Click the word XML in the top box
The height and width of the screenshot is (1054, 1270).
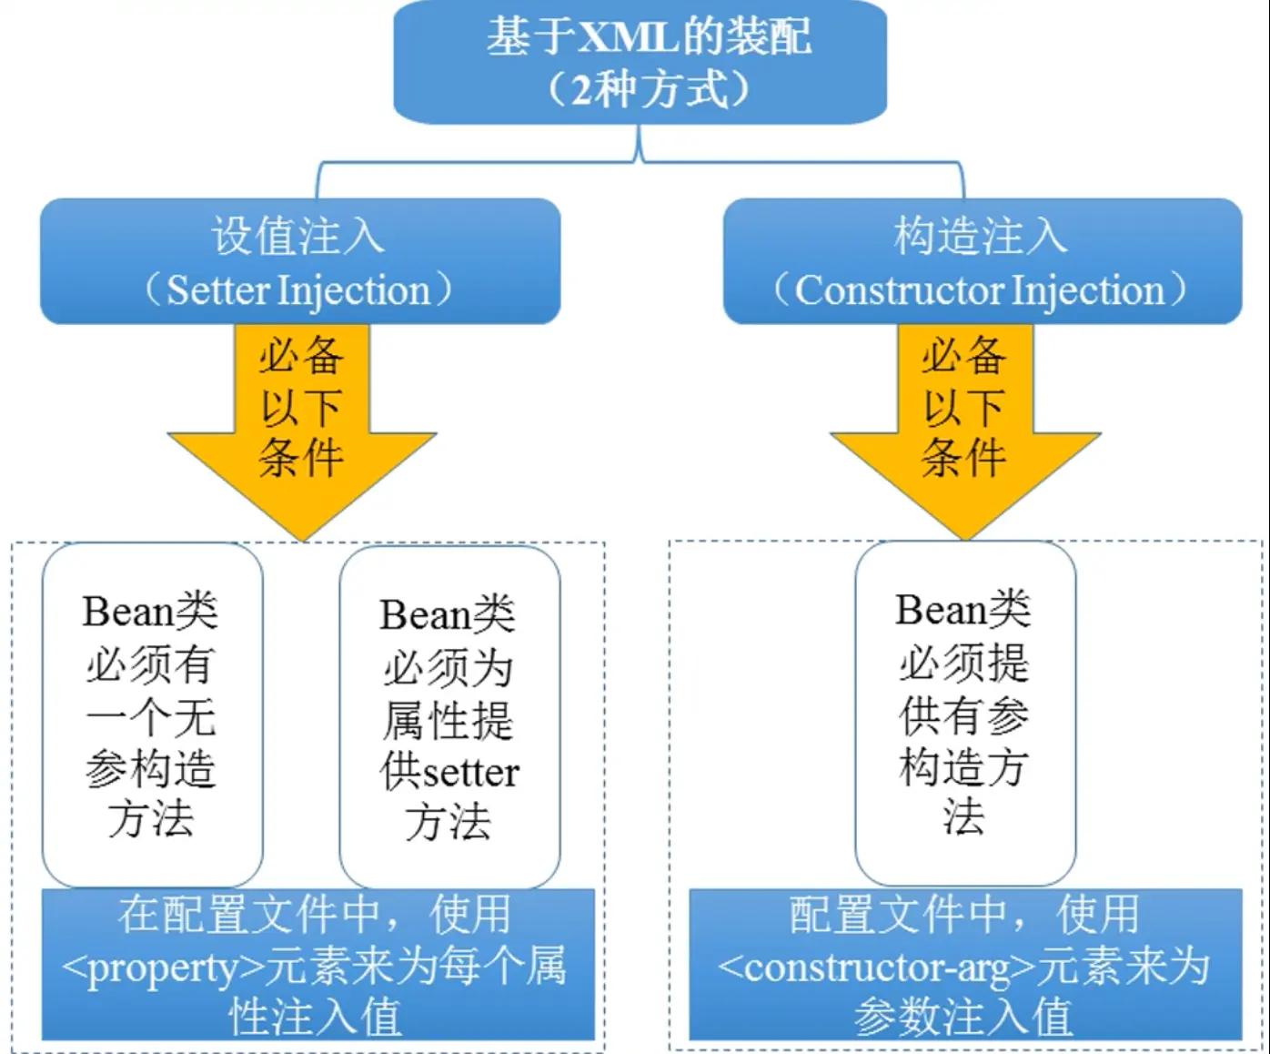pyautogui.click(x=629, y=38)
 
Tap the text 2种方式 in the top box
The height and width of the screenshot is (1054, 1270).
pyautogui.click(x=650, y=89)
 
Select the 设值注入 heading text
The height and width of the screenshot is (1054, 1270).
pyautogui.click(x=298, y=236)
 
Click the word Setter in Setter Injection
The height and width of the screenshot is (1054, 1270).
pyautogui.click(x=218, y=290)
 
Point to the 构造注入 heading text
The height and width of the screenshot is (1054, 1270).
pyautogui.click(x=981, y=236)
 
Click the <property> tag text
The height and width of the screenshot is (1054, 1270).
pyautogui.click(x=163, y=968)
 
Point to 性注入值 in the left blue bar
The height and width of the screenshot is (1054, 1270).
pyautogui.click(x=315, y=1017)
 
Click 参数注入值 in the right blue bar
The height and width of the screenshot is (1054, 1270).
pyautogui.click(x=964, y=1017)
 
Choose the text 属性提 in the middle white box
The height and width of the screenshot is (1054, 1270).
pyautogui.click(x=448, y=721)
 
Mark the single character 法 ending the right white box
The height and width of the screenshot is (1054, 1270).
pyautogui.click(x=964, y=816)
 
